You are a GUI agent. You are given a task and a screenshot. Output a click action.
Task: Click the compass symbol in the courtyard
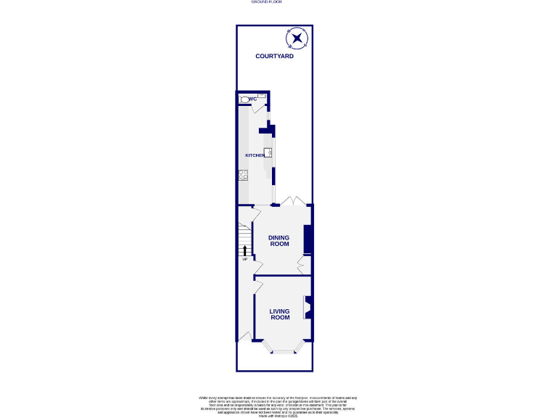point(298,38)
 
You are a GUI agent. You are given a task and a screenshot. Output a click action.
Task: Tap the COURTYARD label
point(274,56)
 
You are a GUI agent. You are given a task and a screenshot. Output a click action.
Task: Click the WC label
point(253,99)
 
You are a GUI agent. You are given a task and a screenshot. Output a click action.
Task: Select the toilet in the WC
point(244,99)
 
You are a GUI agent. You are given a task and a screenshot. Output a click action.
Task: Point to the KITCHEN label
point(255,156)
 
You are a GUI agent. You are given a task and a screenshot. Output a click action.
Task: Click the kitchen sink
point(268,152)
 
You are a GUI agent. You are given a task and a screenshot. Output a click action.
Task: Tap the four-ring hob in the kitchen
point(243,174)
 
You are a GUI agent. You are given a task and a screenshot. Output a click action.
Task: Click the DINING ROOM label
point(279,240)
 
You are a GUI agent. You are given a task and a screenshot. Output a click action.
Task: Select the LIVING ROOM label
point(280,314)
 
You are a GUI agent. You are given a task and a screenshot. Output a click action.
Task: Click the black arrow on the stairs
point(245,250)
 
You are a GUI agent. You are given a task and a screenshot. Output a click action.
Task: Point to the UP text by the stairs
point(244,259)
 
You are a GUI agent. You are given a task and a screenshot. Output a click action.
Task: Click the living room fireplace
point(308,308)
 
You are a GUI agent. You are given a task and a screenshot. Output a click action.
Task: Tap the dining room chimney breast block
point(308,239)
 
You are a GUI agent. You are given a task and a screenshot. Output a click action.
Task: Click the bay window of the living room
point(284,351)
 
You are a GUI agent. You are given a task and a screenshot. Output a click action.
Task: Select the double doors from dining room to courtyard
point(293,201)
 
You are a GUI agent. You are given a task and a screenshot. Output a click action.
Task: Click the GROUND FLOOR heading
point(266,2)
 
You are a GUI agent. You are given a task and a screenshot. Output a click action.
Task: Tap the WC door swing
point(257,108)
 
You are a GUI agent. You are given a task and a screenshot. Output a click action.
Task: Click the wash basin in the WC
point(262,96)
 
